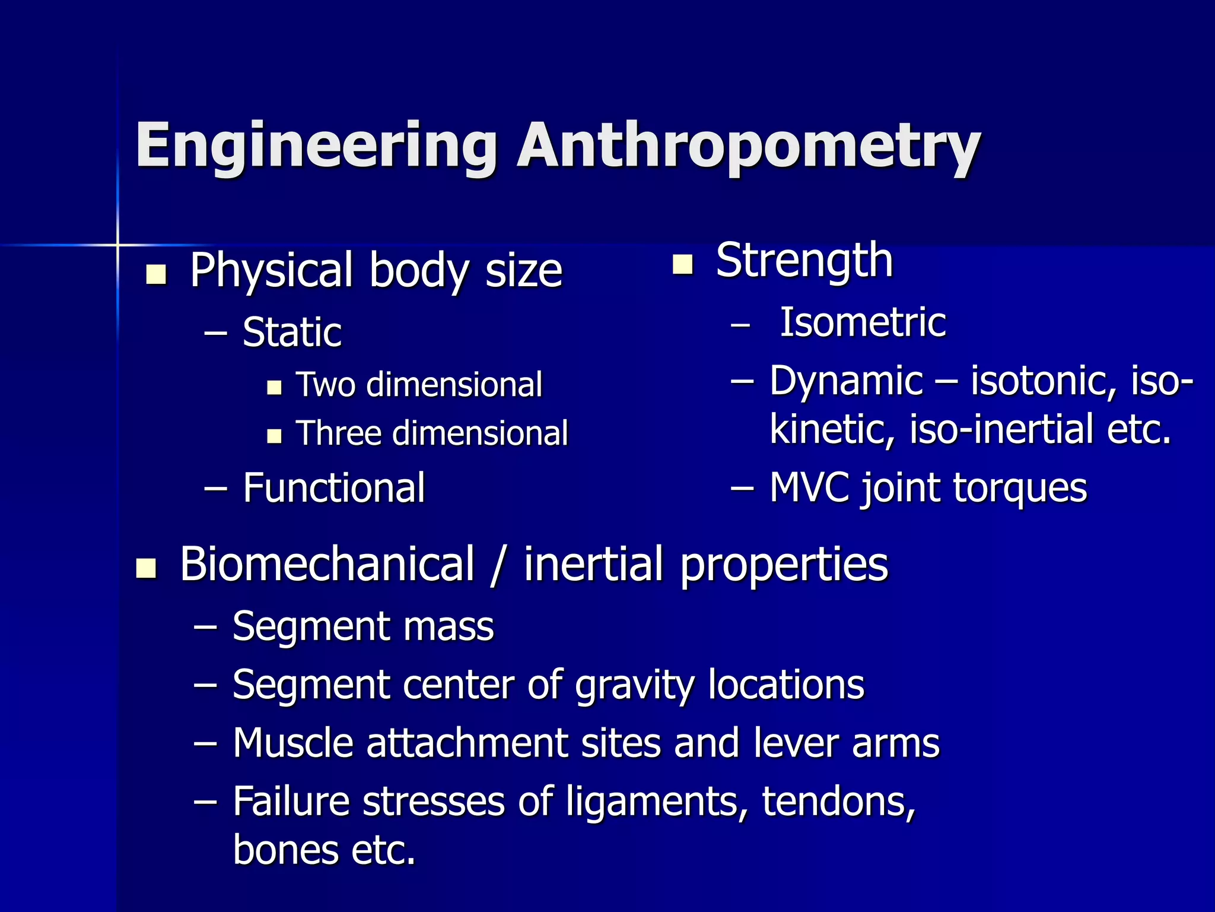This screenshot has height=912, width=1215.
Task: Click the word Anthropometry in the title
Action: (x=748, y=146)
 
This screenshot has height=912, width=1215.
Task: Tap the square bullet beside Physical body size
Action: (x=156, y=274)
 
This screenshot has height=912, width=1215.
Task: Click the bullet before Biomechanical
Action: (x=146, y=568)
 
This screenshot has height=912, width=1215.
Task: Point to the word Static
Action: (x=292, y=332)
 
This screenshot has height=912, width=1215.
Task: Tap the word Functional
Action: (x=334, y=488)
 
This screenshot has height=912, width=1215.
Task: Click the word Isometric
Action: (x=863, y=323)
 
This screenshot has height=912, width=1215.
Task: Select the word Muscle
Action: (x=293, y=743)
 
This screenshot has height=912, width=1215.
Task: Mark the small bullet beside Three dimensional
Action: (x=274, y=436)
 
